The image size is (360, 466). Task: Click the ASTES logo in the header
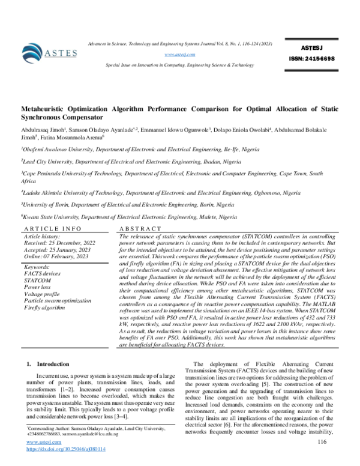click(49, 52)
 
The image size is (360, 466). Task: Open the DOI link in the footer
click(66, 449)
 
